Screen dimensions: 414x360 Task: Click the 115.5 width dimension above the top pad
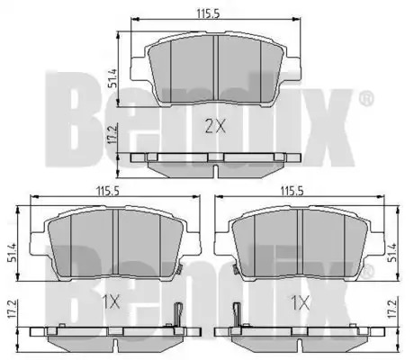[x=209, y=13]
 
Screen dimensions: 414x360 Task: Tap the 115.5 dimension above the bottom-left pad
[x=108, y=191]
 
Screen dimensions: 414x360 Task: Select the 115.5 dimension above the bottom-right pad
[x=292, y=191]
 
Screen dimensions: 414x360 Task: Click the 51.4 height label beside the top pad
[x=113, y=78]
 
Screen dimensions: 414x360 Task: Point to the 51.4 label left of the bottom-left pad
[x=12, y=253]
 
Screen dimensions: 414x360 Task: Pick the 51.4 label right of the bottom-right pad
[x=392, y=253]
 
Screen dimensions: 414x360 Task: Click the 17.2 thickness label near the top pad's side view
[x=113, y=135]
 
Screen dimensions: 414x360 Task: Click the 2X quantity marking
[x=215, y=127]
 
